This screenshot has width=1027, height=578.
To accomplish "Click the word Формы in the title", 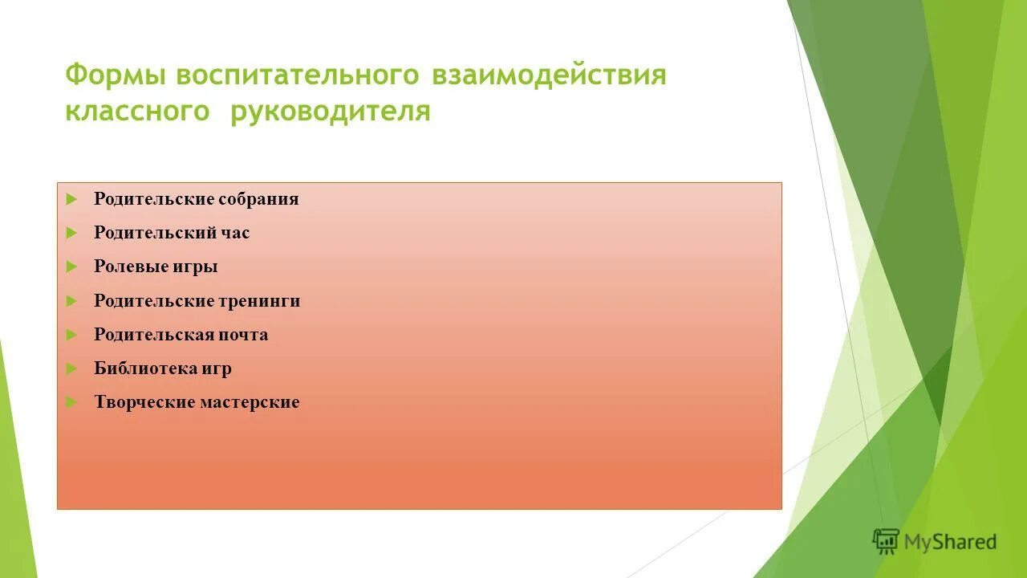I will coord(116,75).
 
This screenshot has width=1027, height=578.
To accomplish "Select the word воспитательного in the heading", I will coord(298,75).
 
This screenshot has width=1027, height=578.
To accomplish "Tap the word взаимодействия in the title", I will coord(550,75).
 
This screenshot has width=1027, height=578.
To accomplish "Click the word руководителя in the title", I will coord(331,112).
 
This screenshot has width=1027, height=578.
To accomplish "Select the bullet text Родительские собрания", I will coord(196,199).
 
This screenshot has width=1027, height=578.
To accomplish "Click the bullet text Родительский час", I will coord(172,233).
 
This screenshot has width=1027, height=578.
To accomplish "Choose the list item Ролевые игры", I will coord(156,267).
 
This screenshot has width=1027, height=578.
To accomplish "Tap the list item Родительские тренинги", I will coord(197,301).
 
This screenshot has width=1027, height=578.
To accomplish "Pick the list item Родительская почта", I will coord(181,335).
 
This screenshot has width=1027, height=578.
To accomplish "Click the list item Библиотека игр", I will coord(163,368).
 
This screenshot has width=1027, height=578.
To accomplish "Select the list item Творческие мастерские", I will coord(197,402).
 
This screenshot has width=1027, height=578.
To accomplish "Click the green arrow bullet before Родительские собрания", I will coord(71,199).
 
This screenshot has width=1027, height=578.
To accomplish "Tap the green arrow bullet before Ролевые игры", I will coord(71,267).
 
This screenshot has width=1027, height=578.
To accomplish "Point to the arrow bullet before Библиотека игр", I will coord(71,368).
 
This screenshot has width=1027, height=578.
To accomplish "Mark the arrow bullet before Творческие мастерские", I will coord(71,402).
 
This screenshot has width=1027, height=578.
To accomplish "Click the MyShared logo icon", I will coord(886,541).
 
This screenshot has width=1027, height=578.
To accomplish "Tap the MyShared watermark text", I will coord(950,542).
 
